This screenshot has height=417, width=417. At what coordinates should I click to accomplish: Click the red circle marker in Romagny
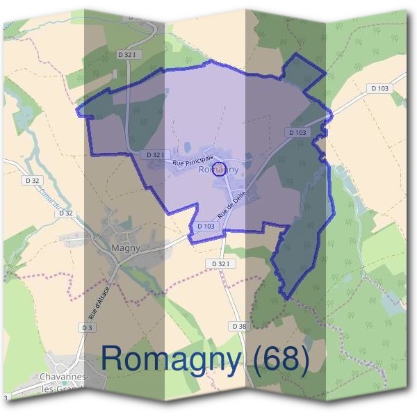(x=219, y=170)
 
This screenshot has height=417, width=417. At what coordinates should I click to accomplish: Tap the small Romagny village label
(x=219, y=169)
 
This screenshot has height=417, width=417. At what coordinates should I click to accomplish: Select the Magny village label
(x=126, y=247)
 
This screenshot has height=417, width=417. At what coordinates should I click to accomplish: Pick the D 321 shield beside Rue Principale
(x=155, y=154)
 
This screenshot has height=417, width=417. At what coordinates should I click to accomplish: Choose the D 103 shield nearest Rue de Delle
(x=205, y=226)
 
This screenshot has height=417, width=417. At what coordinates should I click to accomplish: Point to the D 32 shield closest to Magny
(x=66, y=213)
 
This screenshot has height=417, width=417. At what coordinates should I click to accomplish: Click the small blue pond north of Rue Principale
(x=186, y=147)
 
